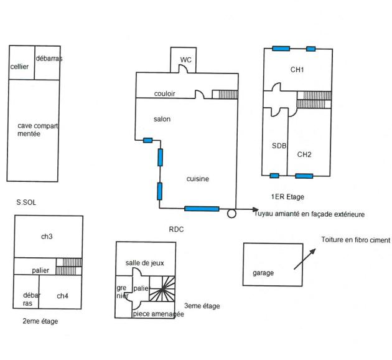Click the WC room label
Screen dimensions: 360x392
[x=185, y=60]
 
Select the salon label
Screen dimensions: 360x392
[x=162, y=119]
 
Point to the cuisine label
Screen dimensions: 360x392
[x=198, y=179]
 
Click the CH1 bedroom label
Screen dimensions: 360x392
[x=297, y=70]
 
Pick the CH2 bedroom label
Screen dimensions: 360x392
[x=304, y=154]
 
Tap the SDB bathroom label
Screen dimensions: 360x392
[x=279, y=146]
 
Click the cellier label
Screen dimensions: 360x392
[x=20, y=67]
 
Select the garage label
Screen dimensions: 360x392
[x=263, y=273]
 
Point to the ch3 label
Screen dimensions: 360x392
[x=47, y=237]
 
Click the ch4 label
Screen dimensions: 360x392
[x=63, y=296]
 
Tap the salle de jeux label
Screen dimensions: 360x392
[x=145, y=263]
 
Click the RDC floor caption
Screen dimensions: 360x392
[x=177, y=229]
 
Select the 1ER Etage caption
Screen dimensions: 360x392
[x=287, y=197]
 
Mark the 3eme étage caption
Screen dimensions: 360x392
[x=202, y=306]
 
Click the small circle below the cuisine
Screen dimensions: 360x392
[x=231, y=214]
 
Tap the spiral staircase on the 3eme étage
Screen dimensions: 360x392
[x=164, y=290]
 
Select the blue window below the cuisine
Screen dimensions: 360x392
[x=202, y=209]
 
